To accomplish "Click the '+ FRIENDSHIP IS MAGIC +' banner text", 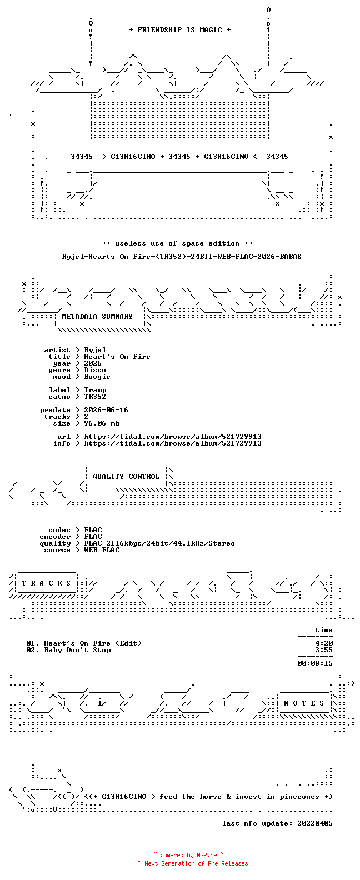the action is pos(180,30).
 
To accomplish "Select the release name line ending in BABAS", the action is pos(182,257).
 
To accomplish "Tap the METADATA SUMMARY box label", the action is pos(97,316).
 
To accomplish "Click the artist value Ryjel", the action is pos(95,350).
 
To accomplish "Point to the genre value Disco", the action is pos(95,370).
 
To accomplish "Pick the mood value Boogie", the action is pos(97,377).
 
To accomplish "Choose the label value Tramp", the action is pos(95,390).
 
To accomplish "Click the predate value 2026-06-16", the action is pos(106,410).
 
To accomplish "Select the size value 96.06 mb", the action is pos(102,423).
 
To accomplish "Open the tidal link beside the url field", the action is pos(173,437).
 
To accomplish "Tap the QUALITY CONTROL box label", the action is pos(126,477).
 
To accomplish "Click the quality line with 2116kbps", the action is pos(159,543).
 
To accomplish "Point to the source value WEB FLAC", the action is pos(102,550).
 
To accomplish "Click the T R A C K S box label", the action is pos(46,583).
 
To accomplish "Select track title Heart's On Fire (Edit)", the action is pos(93,643).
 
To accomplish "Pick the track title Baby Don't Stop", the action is pos(77,650).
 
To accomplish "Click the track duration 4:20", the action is pos(324,643).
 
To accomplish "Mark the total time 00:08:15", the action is pos(315,663).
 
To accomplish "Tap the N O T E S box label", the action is pos(304,703).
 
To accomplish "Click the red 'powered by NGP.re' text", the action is pos(188,855).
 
